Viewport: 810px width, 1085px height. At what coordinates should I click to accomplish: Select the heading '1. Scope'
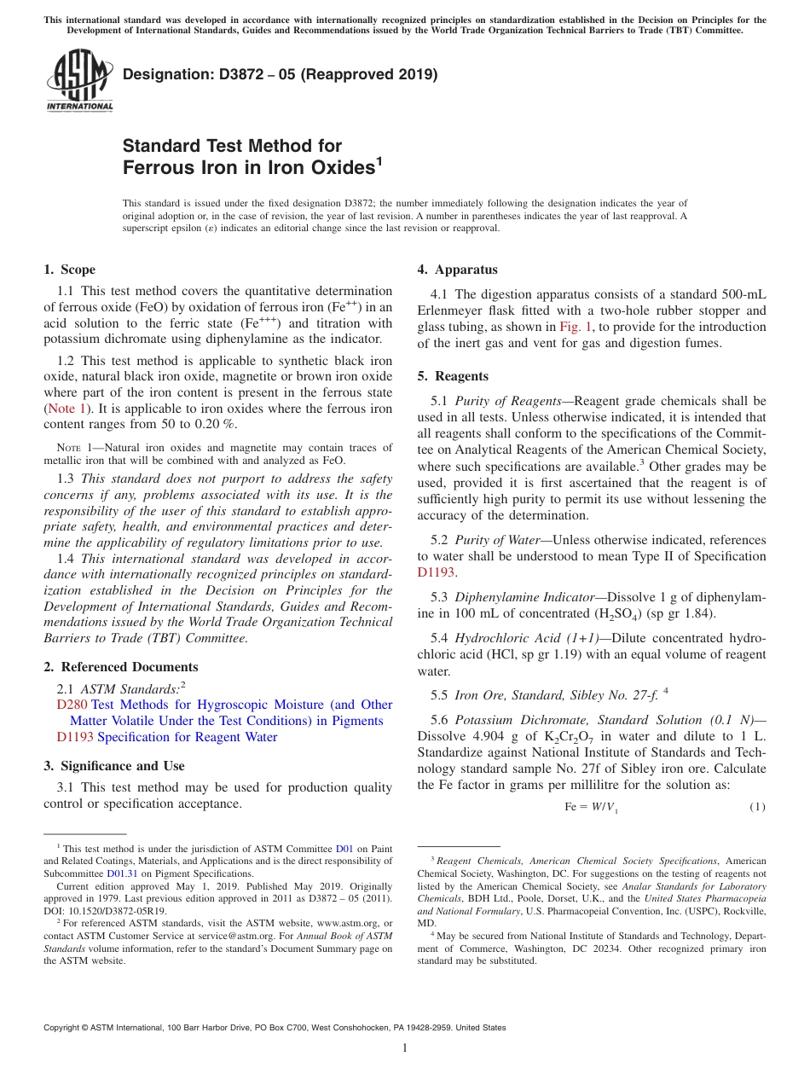tap(69, 270)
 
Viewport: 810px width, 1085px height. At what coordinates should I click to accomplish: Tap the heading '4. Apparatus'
tap(457, 270)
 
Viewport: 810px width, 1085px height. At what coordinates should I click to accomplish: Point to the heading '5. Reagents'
tap(453, 376)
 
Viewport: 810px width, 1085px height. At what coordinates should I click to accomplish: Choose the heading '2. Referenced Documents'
tap(120, 667)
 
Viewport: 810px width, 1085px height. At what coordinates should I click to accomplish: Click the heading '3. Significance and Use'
tap(113, 766)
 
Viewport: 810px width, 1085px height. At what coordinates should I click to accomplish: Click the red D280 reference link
tap(72, 705)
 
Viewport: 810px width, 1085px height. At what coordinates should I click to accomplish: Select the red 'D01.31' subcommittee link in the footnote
tap(120, 873)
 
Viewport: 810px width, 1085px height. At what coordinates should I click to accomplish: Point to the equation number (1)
tap(756, 807)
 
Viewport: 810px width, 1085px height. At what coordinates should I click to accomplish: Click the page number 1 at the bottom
tap(405, 1048)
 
